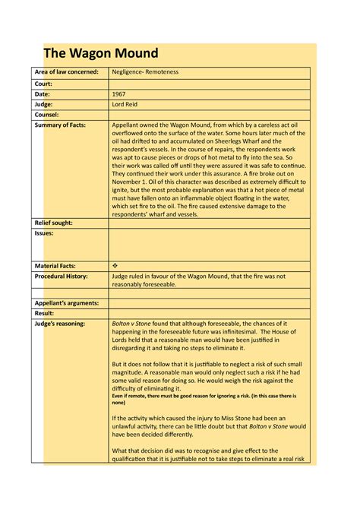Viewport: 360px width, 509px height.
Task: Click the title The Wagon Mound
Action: point(101,53)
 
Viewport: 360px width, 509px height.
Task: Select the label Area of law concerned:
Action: point(67,72)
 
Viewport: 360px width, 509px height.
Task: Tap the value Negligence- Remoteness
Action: point(145,72)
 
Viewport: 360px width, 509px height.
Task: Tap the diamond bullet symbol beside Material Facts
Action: point(115,266)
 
